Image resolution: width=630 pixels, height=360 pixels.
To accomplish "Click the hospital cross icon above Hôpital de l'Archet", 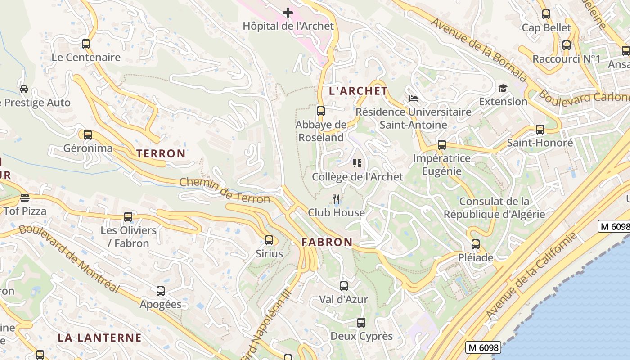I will [288, 13].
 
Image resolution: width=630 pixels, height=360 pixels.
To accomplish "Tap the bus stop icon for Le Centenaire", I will [86, 44].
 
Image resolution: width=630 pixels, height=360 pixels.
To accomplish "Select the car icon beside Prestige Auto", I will [24, 89].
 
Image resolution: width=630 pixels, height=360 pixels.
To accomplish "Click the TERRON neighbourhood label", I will [161, 153].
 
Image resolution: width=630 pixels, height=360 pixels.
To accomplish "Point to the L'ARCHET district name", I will [358, 91].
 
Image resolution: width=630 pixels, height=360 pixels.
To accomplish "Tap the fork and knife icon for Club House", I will [336, 199].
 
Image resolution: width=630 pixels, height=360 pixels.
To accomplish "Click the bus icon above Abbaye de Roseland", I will [321, 111].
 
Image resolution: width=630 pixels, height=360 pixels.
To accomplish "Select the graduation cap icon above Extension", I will [502, 88].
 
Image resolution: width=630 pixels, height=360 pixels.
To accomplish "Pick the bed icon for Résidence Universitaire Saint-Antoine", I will [413, 98].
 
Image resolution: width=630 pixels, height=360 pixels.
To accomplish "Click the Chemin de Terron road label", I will [225, 190].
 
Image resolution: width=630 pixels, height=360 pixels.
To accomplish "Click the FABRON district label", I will [327, 242].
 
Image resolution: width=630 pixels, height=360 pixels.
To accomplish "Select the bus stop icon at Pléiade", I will [476, 244].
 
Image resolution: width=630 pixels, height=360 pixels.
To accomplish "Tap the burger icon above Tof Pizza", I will [25, 198].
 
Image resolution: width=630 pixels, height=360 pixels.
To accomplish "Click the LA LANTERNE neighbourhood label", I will [99, 337].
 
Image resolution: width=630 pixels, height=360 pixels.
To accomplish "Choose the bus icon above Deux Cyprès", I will [361, 323].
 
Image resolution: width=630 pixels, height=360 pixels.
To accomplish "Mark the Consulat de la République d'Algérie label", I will [494, 208].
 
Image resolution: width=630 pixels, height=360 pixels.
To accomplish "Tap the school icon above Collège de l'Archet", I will [357, 163].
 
